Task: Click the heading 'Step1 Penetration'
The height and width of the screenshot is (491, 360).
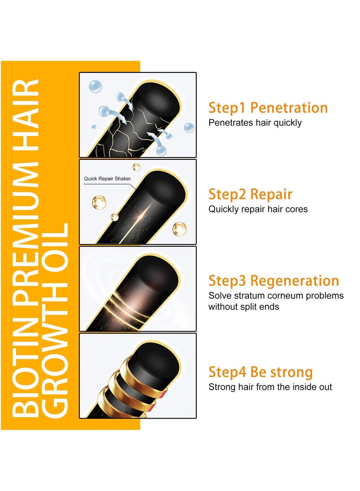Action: coord(268,108)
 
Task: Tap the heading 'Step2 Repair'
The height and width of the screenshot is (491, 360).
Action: coord(250,194)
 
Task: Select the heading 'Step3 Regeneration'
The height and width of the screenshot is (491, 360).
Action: coord(274,281)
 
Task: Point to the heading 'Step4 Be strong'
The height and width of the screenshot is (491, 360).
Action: coord(261,373)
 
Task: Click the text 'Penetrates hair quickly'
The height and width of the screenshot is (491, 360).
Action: coord(255,123)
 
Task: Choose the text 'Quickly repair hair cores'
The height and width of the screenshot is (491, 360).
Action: coord(258,209)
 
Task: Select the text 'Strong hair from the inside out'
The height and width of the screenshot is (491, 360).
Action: coord(270,387)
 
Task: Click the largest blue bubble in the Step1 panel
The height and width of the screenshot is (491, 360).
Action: coord(95,86)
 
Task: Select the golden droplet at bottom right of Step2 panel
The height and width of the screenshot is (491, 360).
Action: coord(179,228)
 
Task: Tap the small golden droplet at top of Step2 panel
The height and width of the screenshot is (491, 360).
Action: coord(136,167)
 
